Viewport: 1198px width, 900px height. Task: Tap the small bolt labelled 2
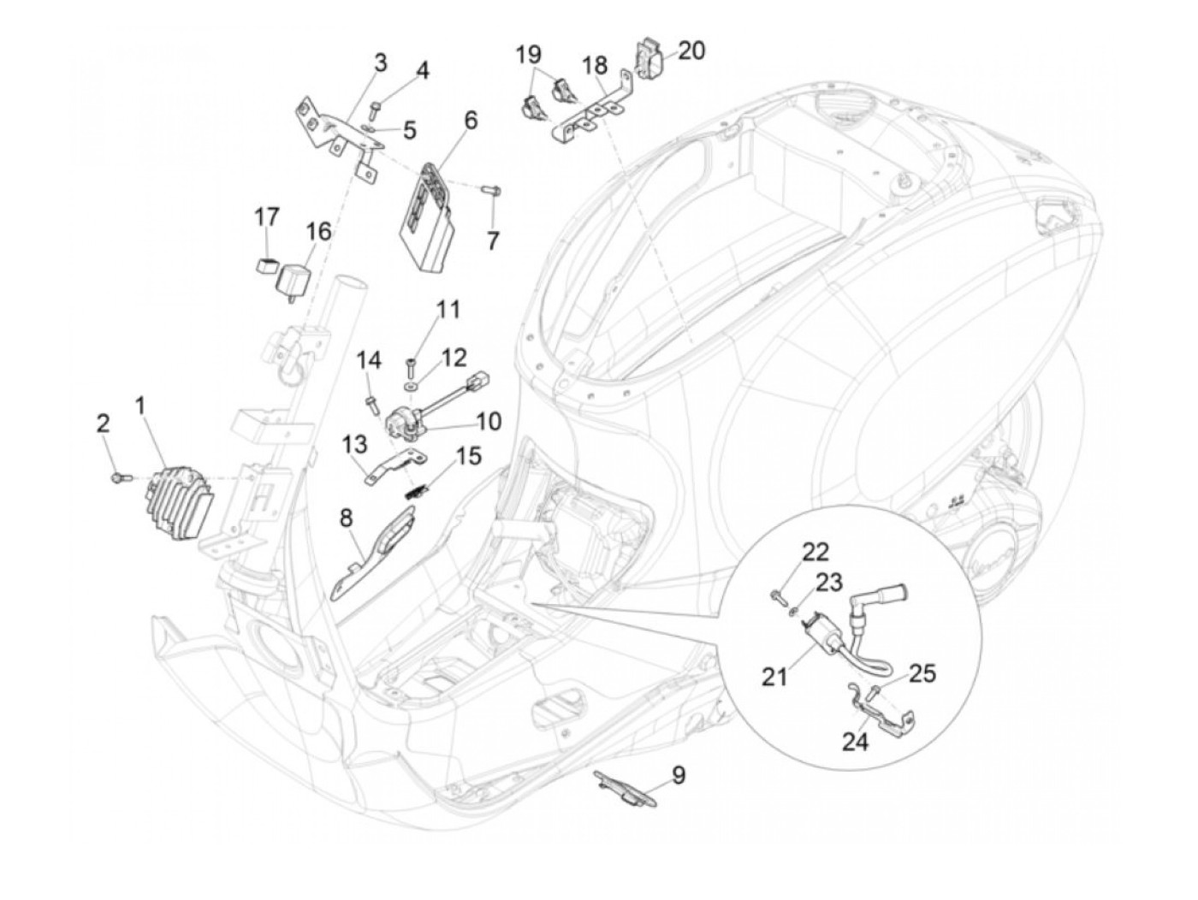pos(120,478)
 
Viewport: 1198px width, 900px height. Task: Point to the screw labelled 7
pos(491,191)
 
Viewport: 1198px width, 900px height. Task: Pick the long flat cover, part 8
pos(374,552)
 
